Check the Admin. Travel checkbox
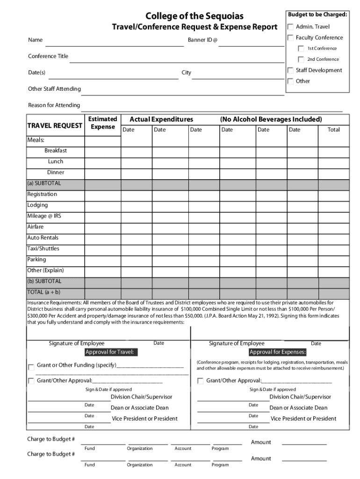(290, 27)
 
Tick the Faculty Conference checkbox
(290, 38)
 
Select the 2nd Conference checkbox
(302, 59)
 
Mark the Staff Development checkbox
(290, 71)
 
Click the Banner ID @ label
(202, 40)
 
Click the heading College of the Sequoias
(194, 16)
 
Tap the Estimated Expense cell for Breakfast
(102, 151)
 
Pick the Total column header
(333, 130)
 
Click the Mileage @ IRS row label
(44, 216)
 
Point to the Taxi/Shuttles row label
(43, 248)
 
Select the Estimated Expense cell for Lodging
(102, 205)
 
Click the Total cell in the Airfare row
(333, 227)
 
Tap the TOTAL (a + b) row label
(43, 292)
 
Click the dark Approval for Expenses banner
(278, 352)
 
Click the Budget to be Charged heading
(317, 15)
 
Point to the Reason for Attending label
(54, 105)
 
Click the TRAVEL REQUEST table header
(55, 125)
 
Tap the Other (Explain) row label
(45, 270)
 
